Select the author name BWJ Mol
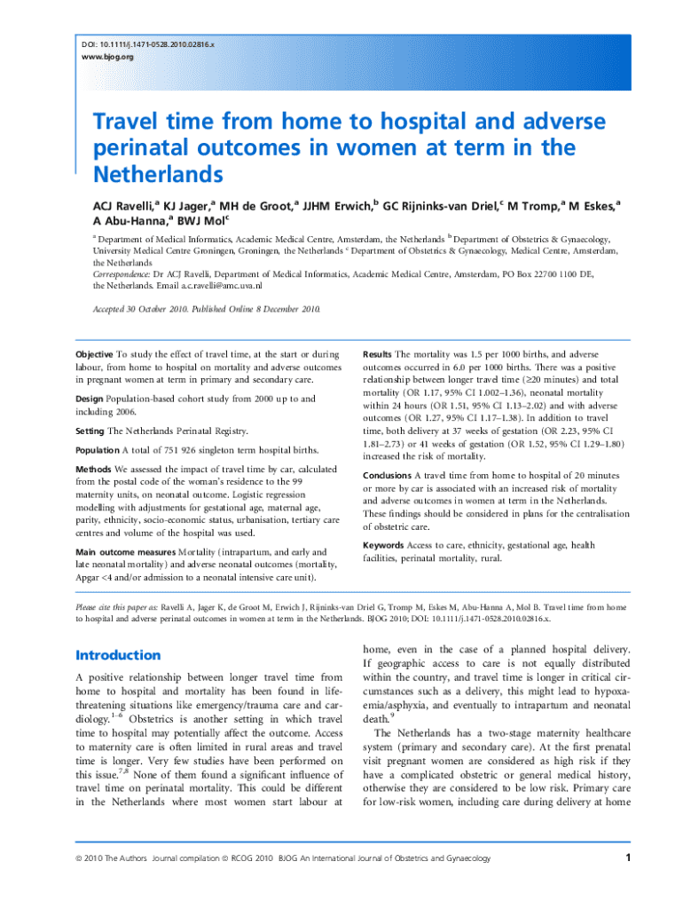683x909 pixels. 201,220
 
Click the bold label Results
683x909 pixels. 377,353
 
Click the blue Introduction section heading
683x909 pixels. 118,655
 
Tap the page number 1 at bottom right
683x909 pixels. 627,858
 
